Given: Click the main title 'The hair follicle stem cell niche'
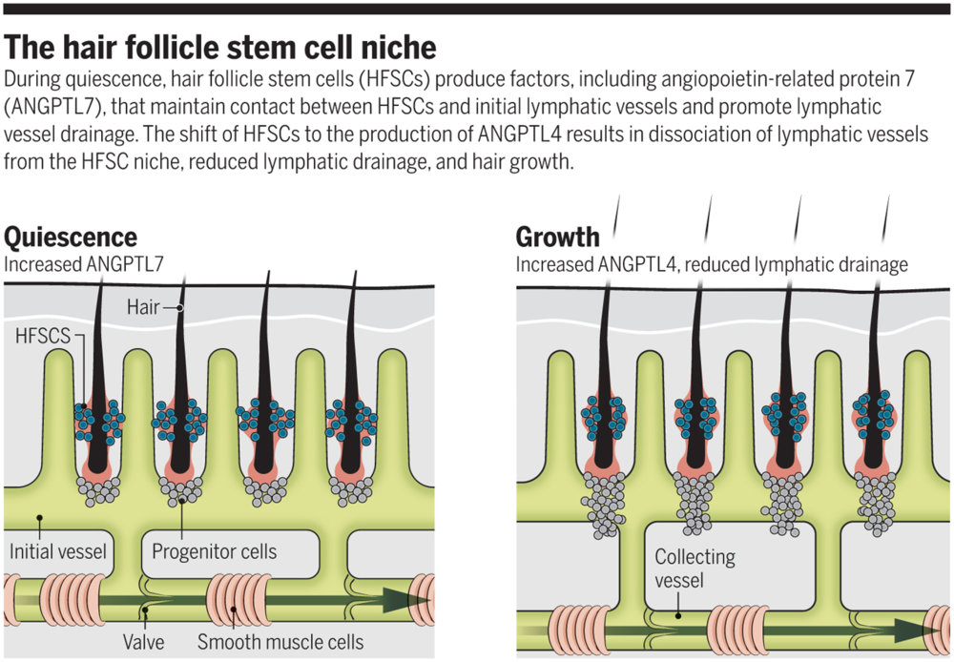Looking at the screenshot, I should (x=221, y=47).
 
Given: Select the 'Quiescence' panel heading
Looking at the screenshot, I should (x=71, y=237).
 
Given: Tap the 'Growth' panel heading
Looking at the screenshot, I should (x=558, y=237).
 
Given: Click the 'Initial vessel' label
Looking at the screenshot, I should (x=57, y=551).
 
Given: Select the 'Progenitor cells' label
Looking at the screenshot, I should (x=214, y=551).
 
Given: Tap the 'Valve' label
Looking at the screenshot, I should (x=144, y=641).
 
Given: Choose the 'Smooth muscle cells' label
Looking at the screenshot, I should (x=280, y=641).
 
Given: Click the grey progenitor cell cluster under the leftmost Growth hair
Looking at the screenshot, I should (x=605, y=501).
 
